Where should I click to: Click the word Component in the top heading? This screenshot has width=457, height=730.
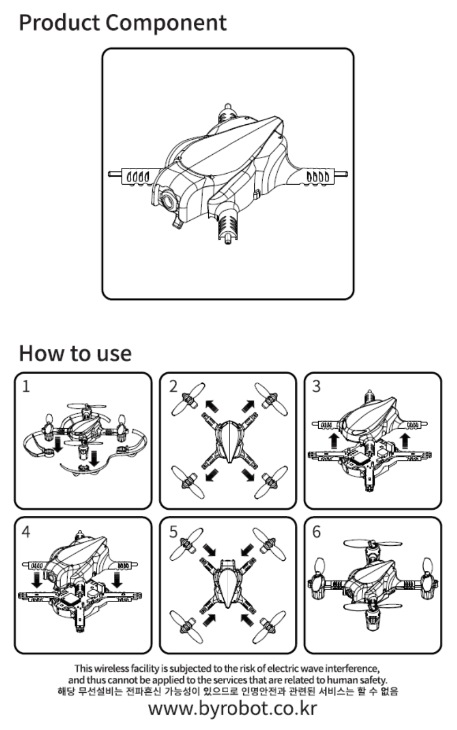[x=167, y=23]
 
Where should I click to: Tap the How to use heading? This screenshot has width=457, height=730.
[x=75, y=353]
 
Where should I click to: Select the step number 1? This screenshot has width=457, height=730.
[x=26, y=387]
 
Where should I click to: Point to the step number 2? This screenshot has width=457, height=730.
[x=173, y=387]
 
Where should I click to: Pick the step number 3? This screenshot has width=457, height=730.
[x=317, y=387]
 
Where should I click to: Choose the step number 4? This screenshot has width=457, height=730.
[x=26, y=531]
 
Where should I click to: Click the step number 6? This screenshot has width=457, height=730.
[x=317, y=531]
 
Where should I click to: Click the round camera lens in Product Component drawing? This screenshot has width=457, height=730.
[x=168, y=202]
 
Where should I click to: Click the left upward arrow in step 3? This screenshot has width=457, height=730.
[x=334, y=440]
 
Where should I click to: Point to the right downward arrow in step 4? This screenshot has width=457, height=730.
[x=117, y=580]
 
